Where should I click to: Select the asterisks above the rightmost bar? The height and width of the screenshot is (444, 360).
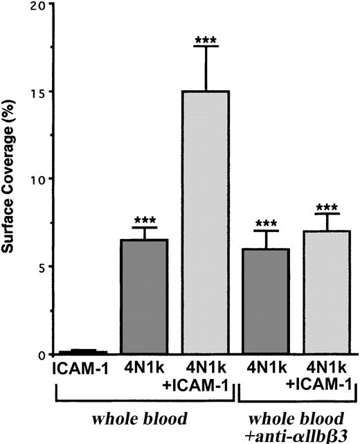(326, 207)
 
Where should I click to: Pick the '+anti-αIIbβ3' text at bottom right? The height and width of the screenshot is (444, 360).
(298, 433)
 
